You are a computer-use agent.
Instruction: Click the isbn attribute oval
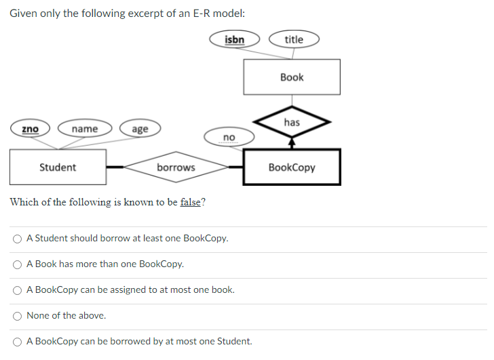coord(234,39)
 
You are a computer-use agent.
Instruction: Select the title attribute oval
coord(294,39)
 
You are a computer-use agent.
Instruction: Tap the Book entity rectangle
coord(292,77)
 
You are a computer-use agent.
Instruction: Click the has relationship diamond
coord(292,123)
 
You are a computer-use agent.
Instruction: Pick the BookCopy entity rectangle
coord(292,167)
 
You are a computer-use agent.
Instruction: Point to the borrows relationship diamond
coord(176,167)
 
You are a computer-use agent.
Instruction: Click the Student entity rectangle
coord(58,167)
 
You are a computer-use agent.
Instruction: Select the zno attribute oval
coord(30,129)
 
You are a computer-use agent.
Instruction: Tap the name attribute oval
coord(85,129)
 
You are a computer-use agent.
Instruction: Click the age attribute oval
coord(140,129)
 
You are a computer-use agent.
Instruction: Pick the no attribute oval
coord(229,138)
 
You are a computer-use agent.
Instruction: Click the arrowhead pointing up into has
coord(292,143)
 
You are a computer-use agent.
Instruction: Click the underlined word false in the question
coord(191,203)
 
